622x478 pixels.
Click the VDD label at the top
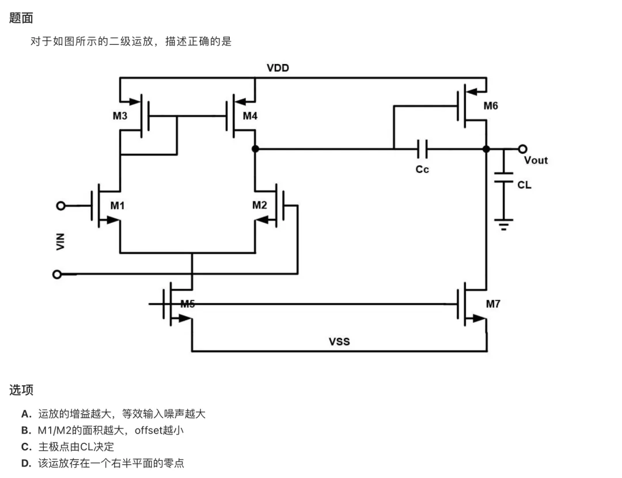(278, 68)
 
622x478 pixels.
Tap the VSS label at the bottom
(339, 342)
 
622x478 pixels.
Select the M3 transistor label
(120, 116)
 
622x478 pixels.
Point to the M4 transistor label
(250, 116)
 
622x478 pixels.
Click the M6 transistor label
(491, 106)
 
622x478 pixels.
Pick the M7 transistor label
(493, 304)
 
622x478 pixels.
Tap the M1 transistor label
(117, 206)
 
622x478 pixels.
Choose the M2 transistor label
(259, 205)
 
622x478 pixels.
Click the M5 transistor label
(188, 304)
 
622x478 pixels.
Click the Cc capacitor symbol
(423, 149)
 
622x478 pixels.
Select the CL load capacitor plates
(503, 177)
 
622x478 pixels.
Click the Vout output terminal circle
(522, 149)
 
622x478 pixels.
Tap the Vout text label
(536, 160)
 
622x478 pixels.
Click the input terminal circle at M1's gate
(60, 206)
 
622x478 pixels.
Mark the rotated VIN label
(60, 241)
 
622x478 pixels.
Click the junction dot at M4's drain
(255, 149)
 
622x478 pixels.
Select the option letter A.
(26, 414)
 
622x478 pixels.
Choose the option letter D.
(26, 464)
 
